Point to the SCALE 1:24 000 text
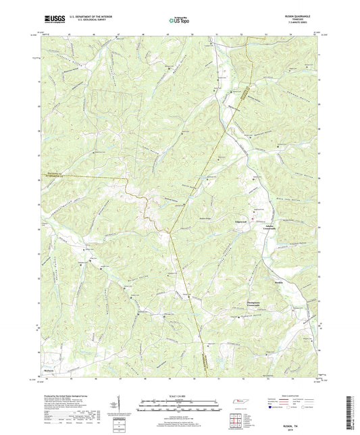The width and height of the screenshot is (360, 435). (x=179, y=396)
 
